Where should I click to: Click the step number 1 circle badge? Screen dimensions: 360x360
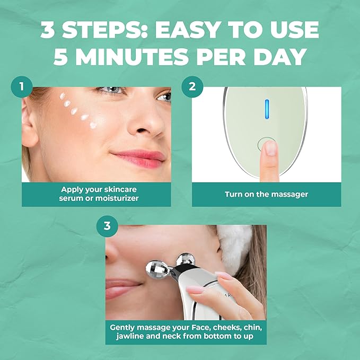[x=21, y=86]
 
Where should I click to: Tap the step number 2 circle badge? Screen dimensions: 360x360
[x=191, y=86]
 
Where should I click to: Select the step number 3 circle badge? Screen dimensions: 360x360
[x=107, y=226]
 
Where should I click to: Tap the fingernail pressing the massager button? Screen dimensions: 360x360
[x=270, y=147]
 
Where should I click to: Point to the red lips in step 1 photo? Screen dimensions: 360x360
[x=138, y=156]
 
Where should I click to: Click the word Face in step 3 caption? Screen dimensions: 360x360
[x=193, y=328]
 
